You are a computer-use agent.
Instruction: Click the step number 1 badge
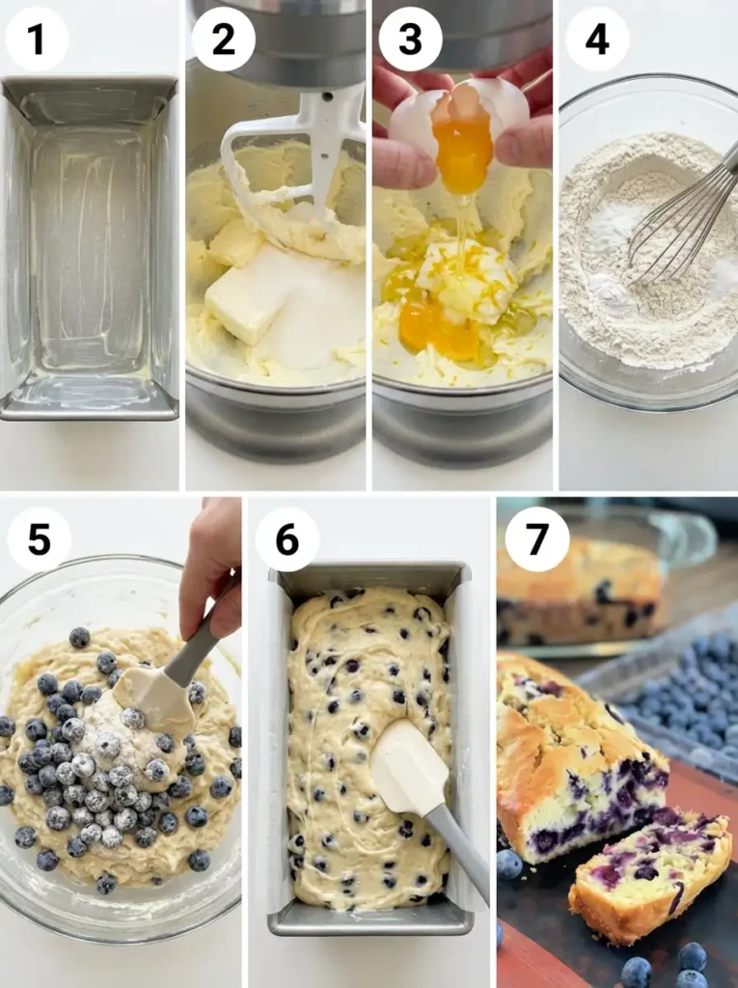pos(37,40)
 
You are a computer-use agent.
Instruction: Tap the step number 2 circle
pos(223,40)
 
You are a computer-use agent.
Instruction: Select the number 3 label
pos(410,40)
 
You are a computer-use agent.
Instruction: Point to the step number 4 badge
pos(597,40)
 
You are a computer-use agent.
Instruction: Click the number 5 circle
pos(39,539)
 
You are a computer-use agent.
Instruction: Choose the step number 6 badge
pos(287,539)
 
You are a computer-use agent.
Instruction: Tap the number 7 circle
pos(536,539)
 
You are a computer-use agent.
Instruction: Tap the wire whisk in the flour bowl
pos(680,222)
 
